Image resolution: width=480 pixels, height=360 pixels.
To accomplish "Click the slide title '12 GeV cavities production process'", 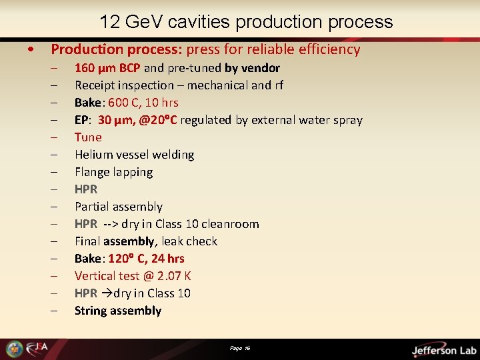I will [x=246, y=22].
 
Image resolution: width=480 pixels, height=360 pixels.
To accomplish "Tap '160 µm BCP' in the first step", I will [x=107, y=68].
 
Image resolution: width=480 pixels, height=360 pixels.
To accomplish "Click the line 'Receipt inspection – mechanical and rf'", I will [x=179, y=85].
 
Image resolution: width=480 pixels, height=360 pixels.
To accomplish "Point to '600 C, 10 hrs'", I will [x=143, y=103].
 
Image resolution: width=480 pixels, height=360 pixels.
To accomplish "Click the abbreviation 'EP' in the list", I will [x=81, y=120].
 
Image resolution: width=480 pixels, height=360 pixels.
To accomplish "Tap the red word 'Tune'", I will [x=88, y=137].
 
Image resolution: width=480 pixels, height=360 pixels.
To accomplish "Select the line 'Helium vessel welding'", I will [x=134, y=155].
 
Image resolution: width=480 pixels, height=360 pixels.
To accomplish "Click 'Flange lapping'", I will [x=113, y=172].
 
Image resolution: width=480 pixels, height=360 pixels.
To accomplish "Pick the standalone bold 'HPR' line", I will [x=86, y=189].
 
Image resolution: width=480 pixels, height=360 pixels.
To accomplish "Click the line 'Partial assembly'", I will [x=119, y=207].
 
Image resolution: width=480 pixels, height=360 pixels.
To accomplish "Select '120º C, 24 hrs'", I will [x=146, y=259].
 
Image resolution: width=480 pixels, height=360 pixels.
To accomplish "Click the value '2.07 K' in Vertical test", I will [x=175, y=276].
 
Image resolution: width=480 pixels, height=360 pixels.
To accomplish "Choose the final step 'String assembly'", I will [x=118, y=311].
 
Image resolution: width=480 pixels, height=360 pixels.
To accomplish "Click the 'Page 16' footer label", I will [x=240, y=348].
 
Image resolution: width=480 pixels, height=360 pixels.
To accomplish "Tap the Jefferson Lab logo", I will [x=443, y=349].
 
